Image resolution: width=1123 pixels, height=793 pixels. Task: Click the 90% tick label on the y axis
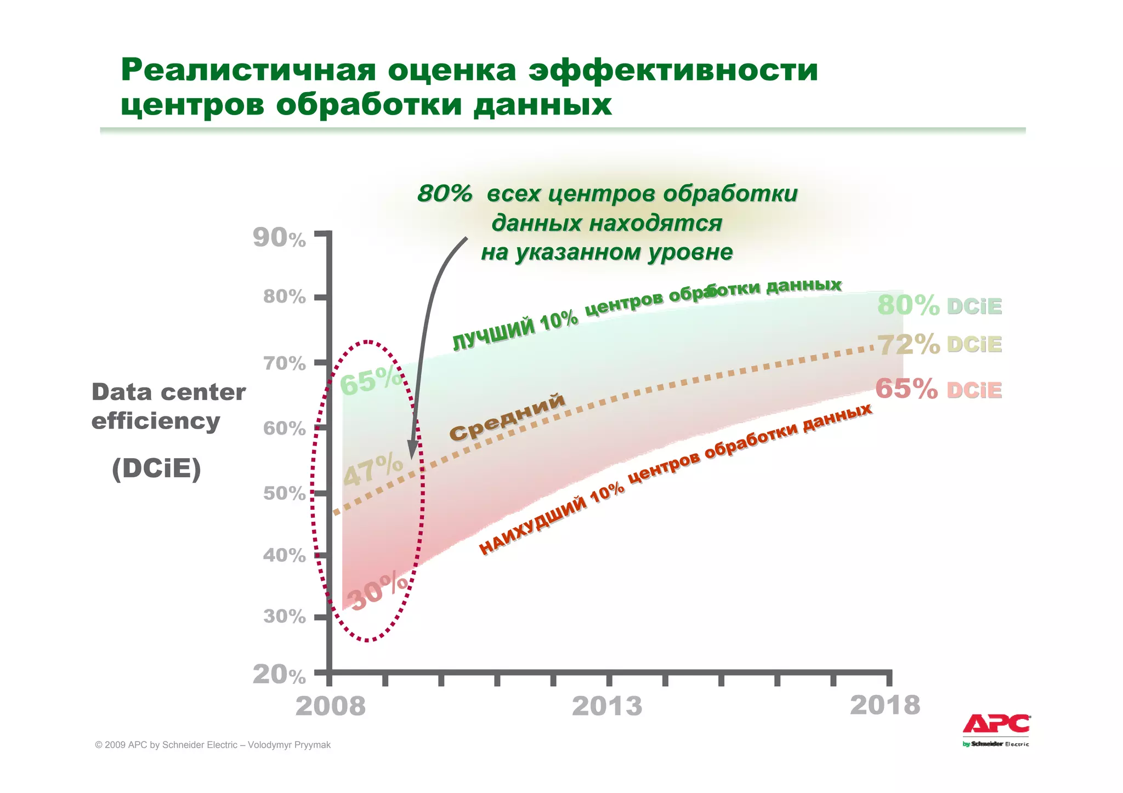pyautogui.click(x=279, y=238)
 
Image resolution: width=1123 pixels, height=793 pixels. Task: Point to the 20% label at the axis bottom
pyautogui.click(x=279, y=675)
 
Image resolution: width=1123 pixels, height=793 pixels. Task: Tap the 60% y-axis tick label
pyautogui.click(x=284, y=428)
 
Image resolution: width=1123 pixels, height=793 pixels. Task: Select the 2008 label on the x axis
pyautogui.click(x=330, y=706)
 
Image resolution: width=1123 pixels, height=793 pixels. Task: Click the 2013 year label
pyautogui.click(x=606, y=706)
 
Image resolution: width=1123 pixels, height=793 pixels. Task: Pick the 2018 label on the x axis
pyautogui.click(x=884, y=705)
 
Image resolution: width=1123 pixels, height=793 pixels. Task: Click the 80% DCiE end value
pyautogui.click(x=939, y=305)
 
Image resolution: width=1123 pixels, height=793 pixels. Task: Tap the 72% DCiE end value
pyautogui.click(x=939, y=344)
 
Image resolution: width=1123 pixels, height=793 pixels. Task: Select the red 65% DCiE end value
pyautogui.click(x=938, y=390)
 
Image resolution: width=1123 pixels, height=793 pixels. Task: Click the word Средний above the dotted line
pyautogui.click(x=507, y=417)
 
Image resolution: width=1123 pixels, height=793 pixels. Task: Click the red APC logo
pyautogui.click(x=996, y=724)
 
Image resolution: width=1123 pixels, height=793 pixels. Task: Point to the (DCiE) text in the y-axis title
pyautogui.click(x=156, y=469)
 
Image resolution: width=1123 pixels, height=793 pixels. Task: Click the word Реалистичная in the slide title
pyautogui.click(x=248, y=70)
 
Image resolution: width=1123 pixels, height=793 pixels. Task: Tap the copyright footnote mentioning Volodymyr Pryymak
pyautogui.click(x=213, y=745)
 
